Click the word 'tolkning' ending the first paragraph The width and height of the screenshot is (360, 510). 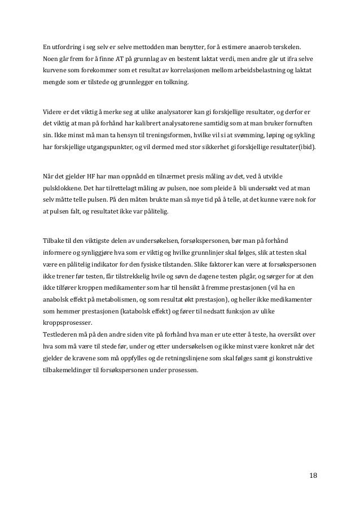pos(177,85)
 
